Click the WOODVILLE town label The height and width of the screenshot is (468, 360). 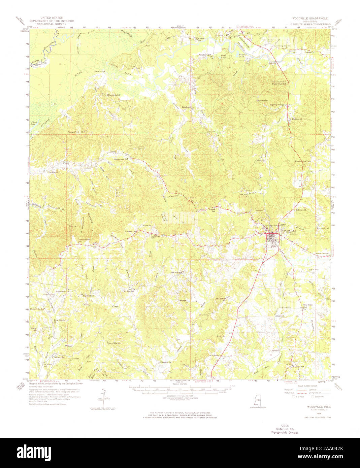(288, 231)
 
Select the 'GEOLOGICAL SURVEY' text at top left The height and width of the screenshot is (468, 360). (51, 24)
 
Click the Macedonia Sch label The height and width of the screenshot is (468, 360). (115, 95)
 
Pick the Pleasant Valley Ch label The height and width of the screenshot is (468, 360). (77, 132)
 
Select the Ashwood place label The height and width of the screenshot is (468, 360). (279, 316)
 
